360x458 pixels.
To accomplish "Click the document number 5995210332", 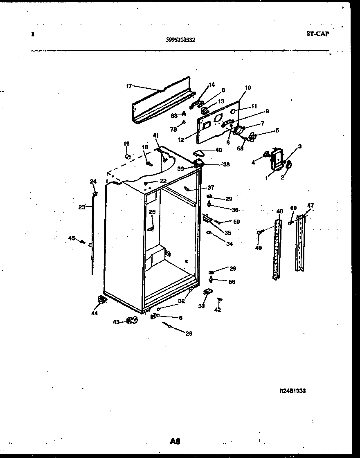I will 180,40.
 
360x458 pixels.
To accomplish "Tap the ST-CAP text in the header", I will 317,34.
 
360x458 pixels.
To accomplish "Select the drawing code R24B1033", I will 292,391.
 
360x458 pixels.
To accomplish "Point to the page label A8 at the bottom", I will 175,441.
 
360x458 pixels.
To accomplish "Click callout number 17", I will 129,86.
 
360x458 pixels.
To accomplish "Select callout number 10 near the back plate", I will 248,88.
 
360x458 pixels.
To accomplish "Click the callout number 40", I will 218,150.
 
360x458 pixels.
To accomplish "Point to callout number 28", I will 189,333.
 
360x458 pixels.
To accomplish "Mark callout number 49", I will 258,247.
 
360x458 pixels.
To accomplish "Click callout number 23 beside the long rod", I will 82,207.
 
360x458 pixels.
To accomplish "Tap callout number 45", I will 72,238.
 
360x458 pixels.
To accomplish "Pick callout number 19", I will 126,144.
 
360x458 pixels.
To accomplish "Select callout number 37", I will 211,188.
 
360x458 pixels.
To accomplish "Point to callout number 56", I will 232,282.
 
